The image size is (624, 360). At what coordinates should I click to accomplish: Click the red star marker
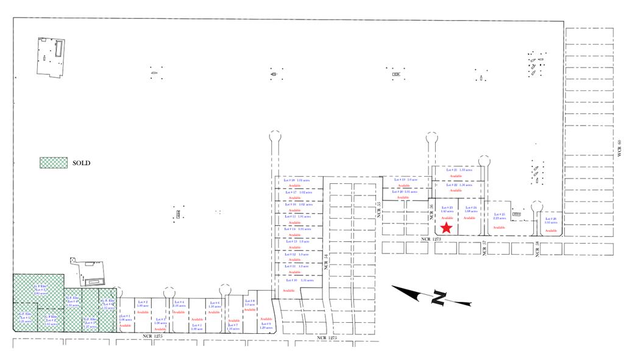point(446,228)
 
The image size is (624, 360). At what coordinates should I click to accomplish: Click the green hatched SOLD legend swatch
point(53,163)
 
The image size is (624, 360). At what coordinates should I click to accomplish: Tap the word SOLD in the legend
point(82,163)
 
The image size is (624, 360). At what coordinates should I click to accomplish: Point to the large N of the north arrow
point(438,298)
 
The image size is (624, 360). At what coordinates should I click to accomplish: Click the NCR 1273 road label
point(428,240)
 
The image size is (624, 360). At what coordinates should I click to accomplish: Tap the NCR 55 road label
point(378,210)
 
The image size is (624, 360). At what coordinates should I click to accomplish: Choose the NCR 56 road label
point(431,210)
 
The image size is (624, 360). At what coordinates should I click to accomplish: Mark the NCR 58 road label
point(537,248)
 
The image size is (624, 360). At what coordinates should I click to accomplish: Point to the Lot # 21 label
point(452,170)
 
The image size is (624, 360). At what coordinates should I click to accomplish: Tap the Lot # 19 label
point(400,180)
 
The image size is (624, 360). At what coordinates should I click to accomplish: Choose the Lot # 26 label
point(551,219)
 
